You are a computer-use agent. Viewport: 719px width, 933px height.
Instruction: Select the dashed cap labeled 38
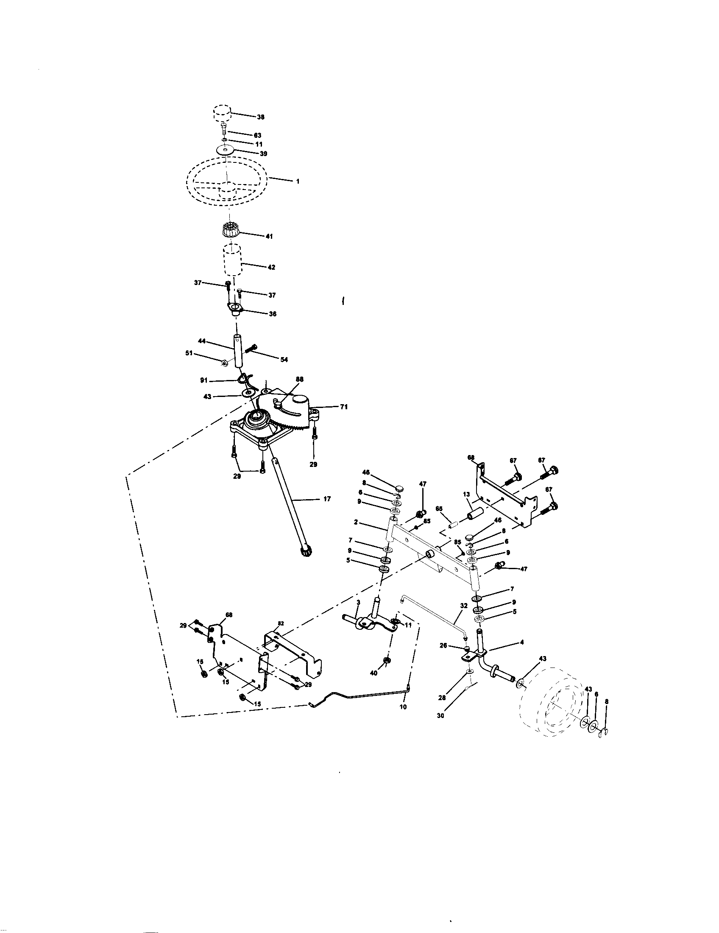222,114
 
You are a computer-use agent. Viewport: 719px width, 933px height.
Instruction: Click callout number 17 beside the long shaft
326,499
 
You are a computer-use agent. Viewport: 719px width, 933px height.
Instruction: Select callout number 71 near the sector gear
344,407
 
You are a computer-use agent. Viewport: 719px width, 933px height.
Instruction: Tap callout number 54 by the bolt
284,360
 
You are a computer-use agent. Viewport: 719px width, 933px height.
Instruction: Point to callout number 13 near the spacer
466,494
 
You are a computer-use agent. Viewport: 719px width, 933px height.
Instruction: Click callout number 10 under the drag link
403,707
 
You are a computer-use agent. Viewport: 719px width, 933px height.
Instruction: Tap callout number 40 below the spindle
373,673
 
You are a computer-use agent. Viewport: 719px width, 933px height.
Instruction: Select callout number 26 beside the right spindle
443,645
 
